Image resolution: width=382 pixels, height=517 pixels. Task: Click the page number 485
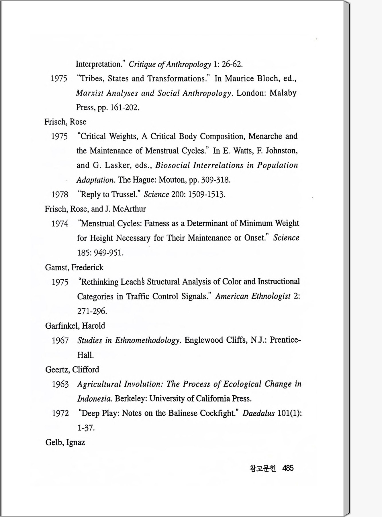288,468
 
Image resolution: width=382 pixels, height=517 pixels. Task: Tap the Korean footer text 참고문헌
263,468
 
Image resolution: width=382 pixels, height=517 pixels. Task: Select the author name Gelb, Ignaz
65,442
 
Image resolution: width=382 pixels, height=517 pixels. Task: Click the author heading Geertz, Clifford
72,370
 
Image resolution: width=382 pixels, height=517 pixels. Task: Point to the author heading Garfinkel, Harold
75,326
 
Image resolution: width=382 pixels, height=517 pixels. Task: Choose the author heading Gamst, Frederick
74,267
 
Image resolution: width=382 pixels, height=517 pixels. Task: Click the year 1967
60,341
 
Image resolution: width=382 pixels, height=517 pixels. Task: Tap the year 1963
60,384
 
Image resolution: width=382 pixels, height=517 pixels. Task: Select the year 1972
60,413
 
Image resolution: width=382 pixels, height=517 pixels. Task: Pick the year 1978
60,195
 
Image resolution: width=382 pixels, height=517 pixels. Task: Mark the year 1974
60,224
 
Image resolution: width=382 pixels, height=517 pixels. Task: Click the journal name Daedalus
258,413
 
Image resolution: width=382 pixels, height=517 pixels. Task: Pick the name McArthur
129,209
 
